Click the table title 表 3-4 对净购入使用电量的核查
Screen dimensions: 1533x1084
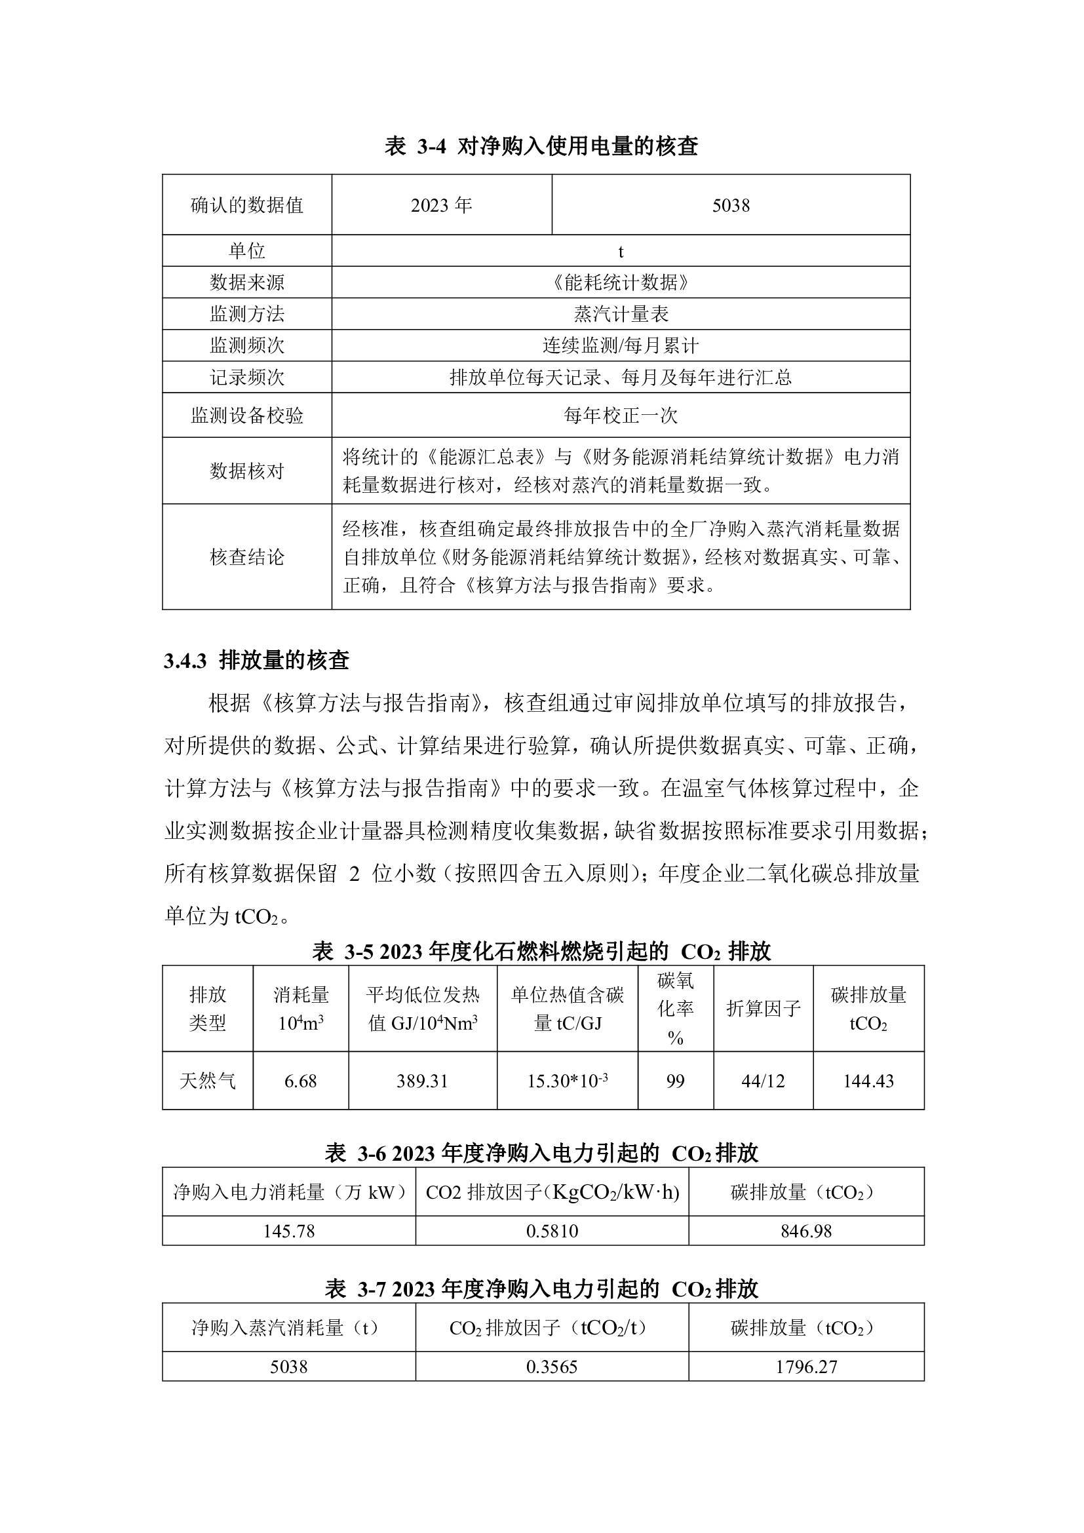click(x=541, y=146)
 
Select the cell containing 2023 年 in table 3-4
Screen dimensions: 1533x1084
click(x=441, y=205)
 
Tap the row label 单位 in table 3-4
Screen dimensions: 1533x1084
click(x=247, y=251)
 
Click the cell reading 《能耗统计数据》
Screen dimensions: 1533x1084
click(x=621, y=282)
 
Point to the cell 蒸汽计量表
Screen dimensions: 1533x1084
click(x=621, y=314)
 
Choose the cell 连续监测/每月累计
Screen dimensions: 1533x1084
click(x=621, y=345)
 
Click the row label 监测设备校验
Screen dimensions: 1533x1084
click(x=247, y=416)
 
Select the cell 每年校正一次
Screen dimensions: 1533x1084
click(x=621, y=416)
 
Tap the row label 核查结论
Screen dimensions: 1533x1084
click(x=247, y=557)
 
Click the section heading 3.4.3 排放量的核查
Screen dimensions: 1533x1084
click(x=257, y=661)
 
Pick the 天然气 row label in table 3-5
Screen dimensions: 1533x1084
click(x=208, y=1081)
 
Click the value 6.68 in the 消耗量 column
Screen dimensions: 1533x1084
click(x=300, y=1081)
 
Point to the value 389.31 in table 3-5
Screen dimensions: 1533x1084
click(x=422, y=1081)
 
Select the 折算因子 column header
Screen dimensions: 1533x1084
click(x=763, y=1009)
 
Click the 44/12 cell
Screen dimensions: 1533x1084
click(x=763, y=1081)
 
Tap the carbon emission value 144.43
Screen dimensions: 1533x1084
click(x=868, y=1081)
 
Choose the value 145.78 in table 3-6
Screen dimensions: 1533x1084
click(x=288, y=1232)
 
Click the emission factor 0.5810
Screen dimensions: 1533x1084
click(x=552, y=1232)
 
